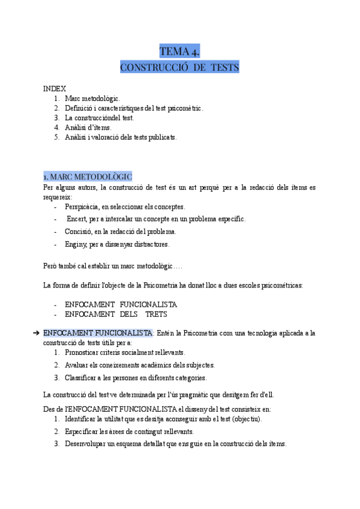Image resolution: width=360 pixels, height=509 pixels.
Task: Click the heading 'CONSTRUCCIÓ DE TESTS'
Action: pyautogui.click(x=179, y=67)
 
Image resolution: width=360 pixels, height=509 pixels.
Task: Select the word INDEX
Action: pyautogui.click(x=55, y=89)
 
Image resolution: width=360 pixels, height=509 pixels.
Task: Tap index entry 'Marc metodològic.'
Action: pyautogui.click(x=92, y=98)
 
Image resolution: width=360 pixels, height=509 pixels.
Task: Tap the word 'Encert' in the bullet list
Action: pyautogui.click(x=77, y=219)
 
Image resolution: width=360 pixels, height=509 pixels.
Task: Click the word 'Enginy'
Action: pyautogui.click(x=76, y=244)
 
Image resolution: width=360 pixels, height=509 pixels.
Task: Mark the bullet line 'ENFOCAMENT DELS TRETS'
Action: pyautogui.click(x=116, y=314)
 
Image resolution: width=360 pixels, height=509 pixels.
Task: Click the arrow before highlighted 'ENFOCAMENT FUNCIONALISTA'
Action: pyautogui.click(x=37, y=333)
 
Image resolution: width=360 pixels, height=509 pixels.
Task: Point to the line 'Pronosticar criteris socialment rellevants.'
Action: pyautogui.click(x=125, y=352)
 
